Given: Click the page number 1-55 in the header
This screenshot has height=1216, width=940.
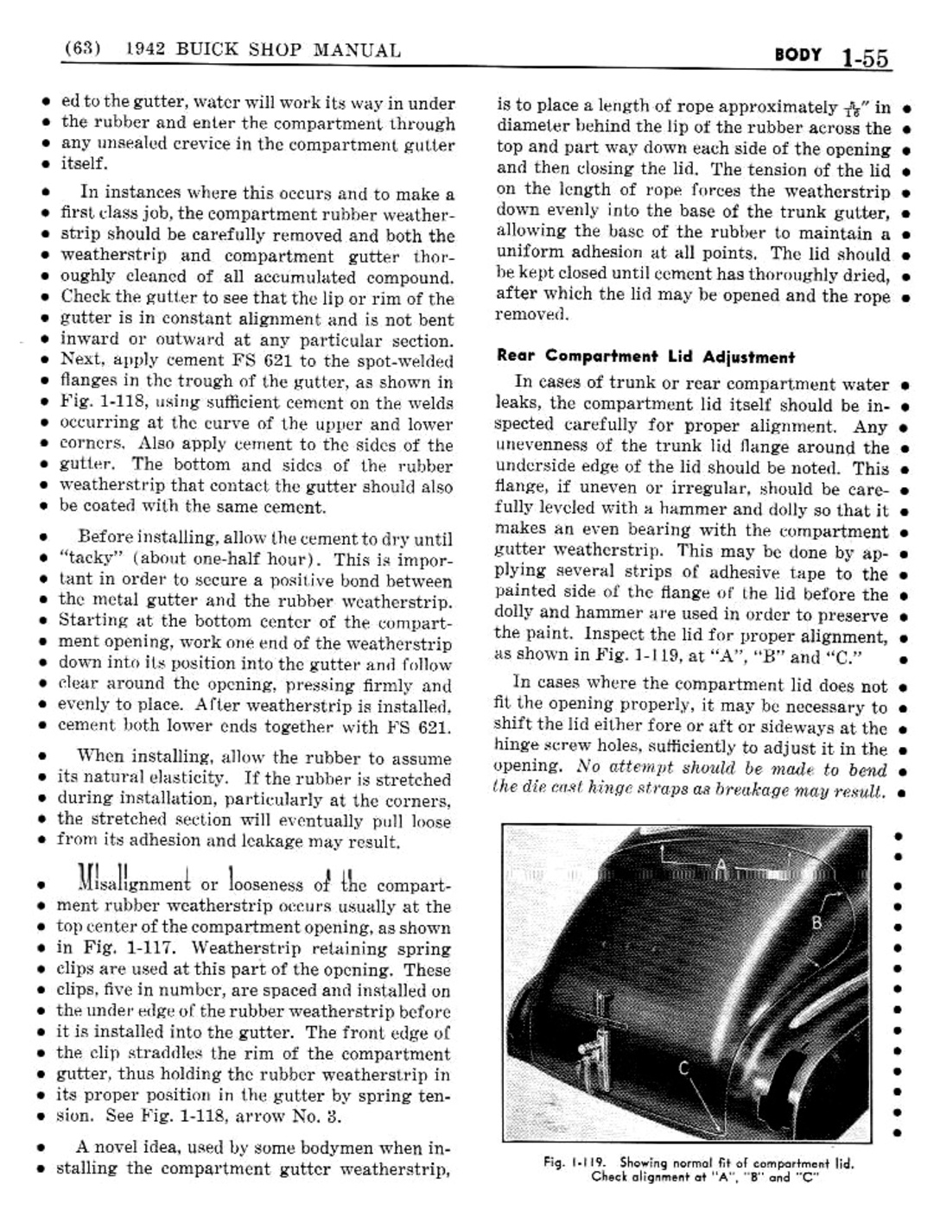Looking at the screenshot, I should pos(863,58).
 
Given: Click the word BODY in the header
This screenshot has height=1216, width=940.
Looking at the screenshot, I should pos(798,55).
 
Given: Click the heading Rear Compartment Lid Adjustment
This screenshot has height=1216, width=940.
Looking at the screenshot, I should pos(645,357).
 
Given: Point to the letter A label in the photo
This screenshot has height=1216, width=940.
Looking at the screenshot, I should pos(721,864).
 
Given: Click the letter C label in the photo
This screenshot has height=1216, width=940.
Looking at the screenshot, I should pos(683,1068).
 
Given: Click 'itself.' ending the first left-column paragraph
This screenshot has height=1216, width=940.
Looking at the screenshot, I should pos(83,163).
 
